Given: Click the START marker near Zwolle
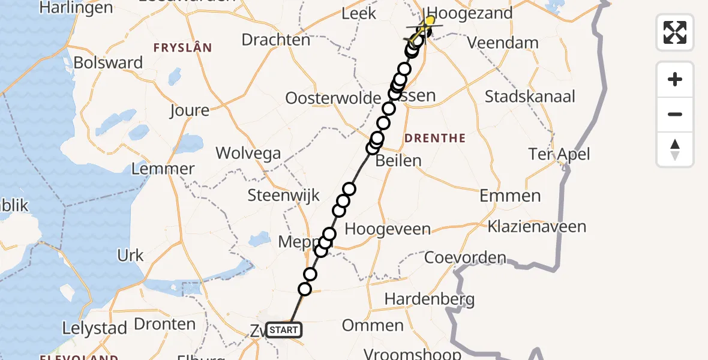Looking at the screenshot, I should pos(283,330).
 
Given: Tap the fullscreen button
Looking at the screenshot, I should pos(675,32).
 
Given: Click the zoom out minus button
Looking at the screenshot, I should pos(675,115).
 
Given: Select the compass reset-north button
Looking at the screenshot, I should pos(675,149).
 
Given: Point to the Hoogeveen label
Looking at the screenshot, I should pos(388,229).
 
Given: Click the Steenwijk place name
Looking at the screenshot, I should pos(284,196).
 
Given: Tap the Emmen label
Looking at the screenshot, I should pos(510,196).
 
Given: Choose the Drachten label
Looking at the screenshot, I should pos(276,40).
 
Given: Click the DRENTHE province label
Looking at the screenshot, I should pos(435,139).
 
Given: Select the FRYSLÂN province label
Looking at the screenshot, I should pos(182,48).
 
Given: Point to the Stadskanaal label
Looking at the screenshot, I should pos(530,97).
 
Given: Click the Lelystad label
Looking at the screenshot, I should pos(95,329).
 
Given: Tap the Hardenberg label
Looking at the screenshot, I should pos(429,299).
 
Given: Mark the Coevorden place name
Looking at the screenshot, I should pos(465,258).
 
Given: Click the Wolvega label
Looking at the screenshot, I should pos(248,153).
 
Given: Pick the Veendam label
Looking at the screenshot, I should pos(495,43).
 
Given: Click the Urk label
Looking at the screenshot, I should pos(131,256).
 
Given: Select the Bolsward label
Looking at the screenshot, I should pos(108,63).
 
